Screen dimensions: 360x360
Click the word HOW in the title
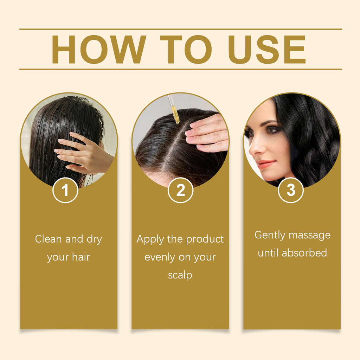coord(99,49)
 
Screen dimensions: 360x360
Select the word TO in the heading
coord(186,49)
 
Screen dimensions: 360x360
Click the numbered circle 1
coord(65,190)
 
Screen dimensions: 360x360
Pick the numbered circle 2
coord(180,190)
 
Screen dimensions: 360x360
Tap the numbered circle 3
coord(291,190)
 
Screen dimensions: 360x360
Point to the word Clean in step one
coord(49,239)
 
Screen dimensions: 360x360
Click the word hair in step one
coord(81,257)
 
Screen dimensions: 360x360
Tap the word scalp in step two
coord(180,275)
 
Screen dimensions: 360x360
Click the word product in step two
coord(205,240)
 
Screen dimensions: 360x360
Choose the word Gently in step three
coord(270,236)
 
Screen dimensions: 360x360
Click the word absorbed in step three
coord(304,253)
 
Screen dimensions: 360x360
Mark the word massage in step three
coord(309,236)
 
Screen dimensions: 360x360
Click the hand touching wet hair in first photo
coord(85,153)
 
